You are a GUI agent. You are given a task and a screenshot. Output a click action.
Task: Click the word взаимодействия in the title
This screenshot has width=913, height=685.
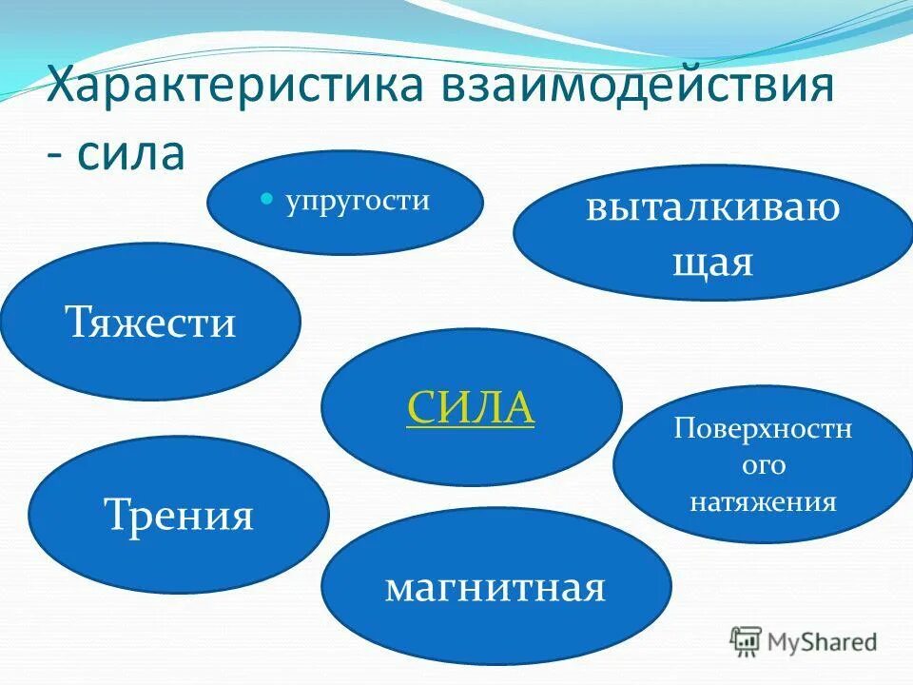(x=636, y=87)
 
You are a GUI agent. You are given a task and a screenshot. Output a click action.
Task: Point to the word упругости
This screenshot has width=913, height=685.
(x=358, y=201)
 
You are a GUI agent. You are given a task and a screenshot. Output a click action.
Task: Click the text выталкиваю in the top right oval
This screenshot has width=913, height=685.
(x=712, y=206)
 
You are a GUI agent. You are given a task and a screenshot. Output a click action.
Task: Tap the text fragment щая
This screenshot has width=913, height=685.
(x=712, y=260)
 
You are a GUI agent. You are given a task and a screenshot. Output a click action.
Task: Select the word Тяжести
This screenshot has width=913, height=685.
(x=150, y=323)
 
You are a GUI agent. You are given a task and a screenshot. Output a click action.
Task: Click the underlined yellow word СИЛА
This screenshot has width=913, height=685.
(x=471, y=408)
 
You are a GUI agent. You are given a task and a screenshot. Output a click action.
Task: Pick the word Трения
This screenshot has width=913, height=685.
(x=178, y=516)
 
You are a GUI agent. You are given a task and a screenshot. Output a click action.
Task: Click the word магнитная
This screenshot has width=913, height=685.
(x=495, y=587)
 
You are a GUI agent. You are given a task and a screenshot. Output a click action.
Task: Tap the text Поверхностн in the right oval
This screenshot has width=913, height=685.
(x=763, y=429)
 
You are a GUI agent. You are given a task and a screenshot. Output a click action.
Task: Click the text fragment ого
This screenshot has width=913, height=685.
(x=763, y=465)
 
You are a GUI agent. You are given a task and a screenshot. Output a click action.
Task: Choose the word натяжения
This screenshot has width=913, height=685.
(x=763, y=501)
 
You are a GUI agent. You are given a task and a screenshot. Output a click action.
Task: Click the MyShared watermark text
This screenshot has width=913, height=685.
(x=823, y=642)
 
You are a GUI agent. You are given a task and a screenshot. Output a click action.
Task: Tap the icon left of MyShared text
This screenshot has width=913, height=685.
(x=747, y=642)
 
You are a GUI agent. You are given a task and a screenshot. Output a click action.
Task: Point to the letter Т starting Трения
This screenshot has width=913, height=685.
(x=115, y=516)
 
